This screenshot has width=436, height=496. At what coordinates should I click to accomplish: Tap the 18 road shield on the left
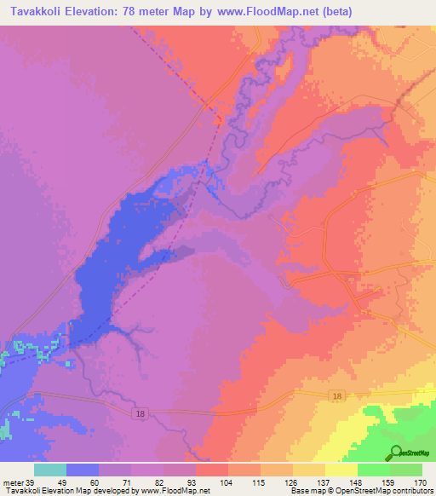click(x=140, y=412)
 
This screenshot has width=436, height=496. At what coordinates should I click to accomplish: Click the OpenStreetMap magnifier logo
click(x=395, y=453)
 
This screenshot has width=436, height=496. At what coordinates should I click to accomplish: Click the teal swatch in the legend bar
click(x=50, y=470)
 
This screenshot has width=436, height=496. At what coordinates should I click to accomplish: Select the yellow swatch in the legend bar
click(x=341, y=470)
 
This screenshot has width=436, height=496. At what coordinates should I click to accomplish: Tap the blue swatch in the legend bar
click(x=83, y=470)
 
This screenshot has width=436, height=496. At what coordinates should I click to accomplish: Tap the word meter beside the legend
click(x=11, y=482)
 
